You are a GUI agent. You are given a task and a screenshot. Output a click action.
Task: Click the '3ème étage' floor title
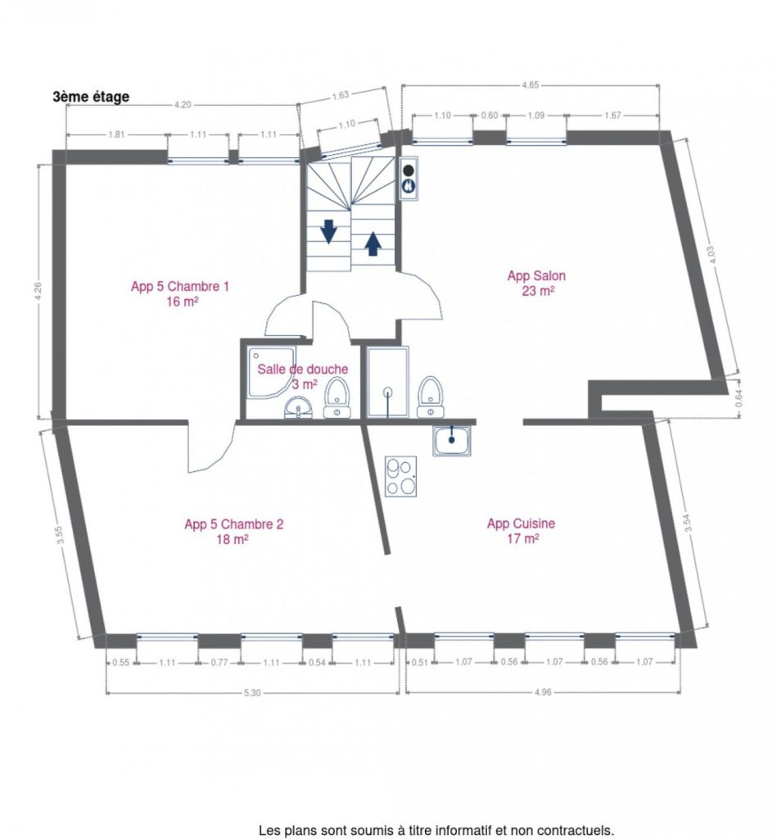coord(91,97)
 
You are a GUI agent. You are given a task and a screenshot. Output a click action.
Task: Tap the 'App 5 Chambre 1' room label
coord(180,287)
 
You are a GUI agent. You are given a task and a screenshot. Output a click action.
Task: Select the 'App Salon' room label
coord(536,276)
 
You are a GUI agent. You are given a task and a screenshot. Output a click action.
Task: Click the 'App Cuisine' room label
coord(521,524)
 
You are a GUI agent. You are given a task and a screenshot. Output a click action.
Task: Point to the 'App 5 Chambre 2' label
coord(233,524)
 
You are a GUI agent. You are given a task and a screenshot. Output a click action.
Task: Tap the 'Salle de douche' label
coord(303,370)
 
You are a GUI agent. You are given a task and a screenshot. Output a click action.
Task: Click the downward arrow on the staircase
coord(328,231)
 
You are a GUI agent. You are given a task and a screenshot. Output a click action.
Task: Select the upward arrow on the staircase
coord(373,244)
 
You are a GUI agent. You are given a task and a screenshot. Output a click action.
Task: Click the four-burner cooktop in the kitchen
coord(401,476)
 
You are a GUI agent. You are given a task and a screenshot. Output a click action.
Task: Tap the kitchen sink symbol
coord(453,441)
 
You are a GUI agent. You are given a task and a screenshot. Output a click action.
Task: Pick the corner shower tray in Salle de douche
coord(270,373)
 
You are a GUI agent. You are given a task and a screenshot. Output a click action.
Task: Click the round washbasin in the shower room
coord(298,407)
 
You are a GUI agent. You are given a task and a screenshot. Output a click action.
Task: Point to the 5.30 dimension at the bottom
coord(252,693)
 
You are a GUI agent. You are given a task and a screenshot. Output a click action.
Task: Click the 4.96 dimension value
coord(543,692)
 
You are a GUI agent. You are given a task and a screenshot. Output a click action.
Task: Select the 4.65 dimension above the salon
coord(530,84)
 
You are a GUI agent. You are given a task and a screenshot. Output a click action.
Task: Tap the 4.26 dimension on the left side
coord(38,292)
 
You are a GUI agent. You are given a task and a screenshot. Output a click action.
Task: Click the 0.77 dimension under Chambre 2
coord(219,662)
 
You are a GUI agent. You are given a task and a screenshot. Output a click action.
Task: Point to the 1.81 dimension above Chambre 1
coord(116,134)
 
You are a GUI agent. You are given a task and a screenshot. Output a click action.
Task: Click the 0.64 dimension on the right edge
coord(739,398)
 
